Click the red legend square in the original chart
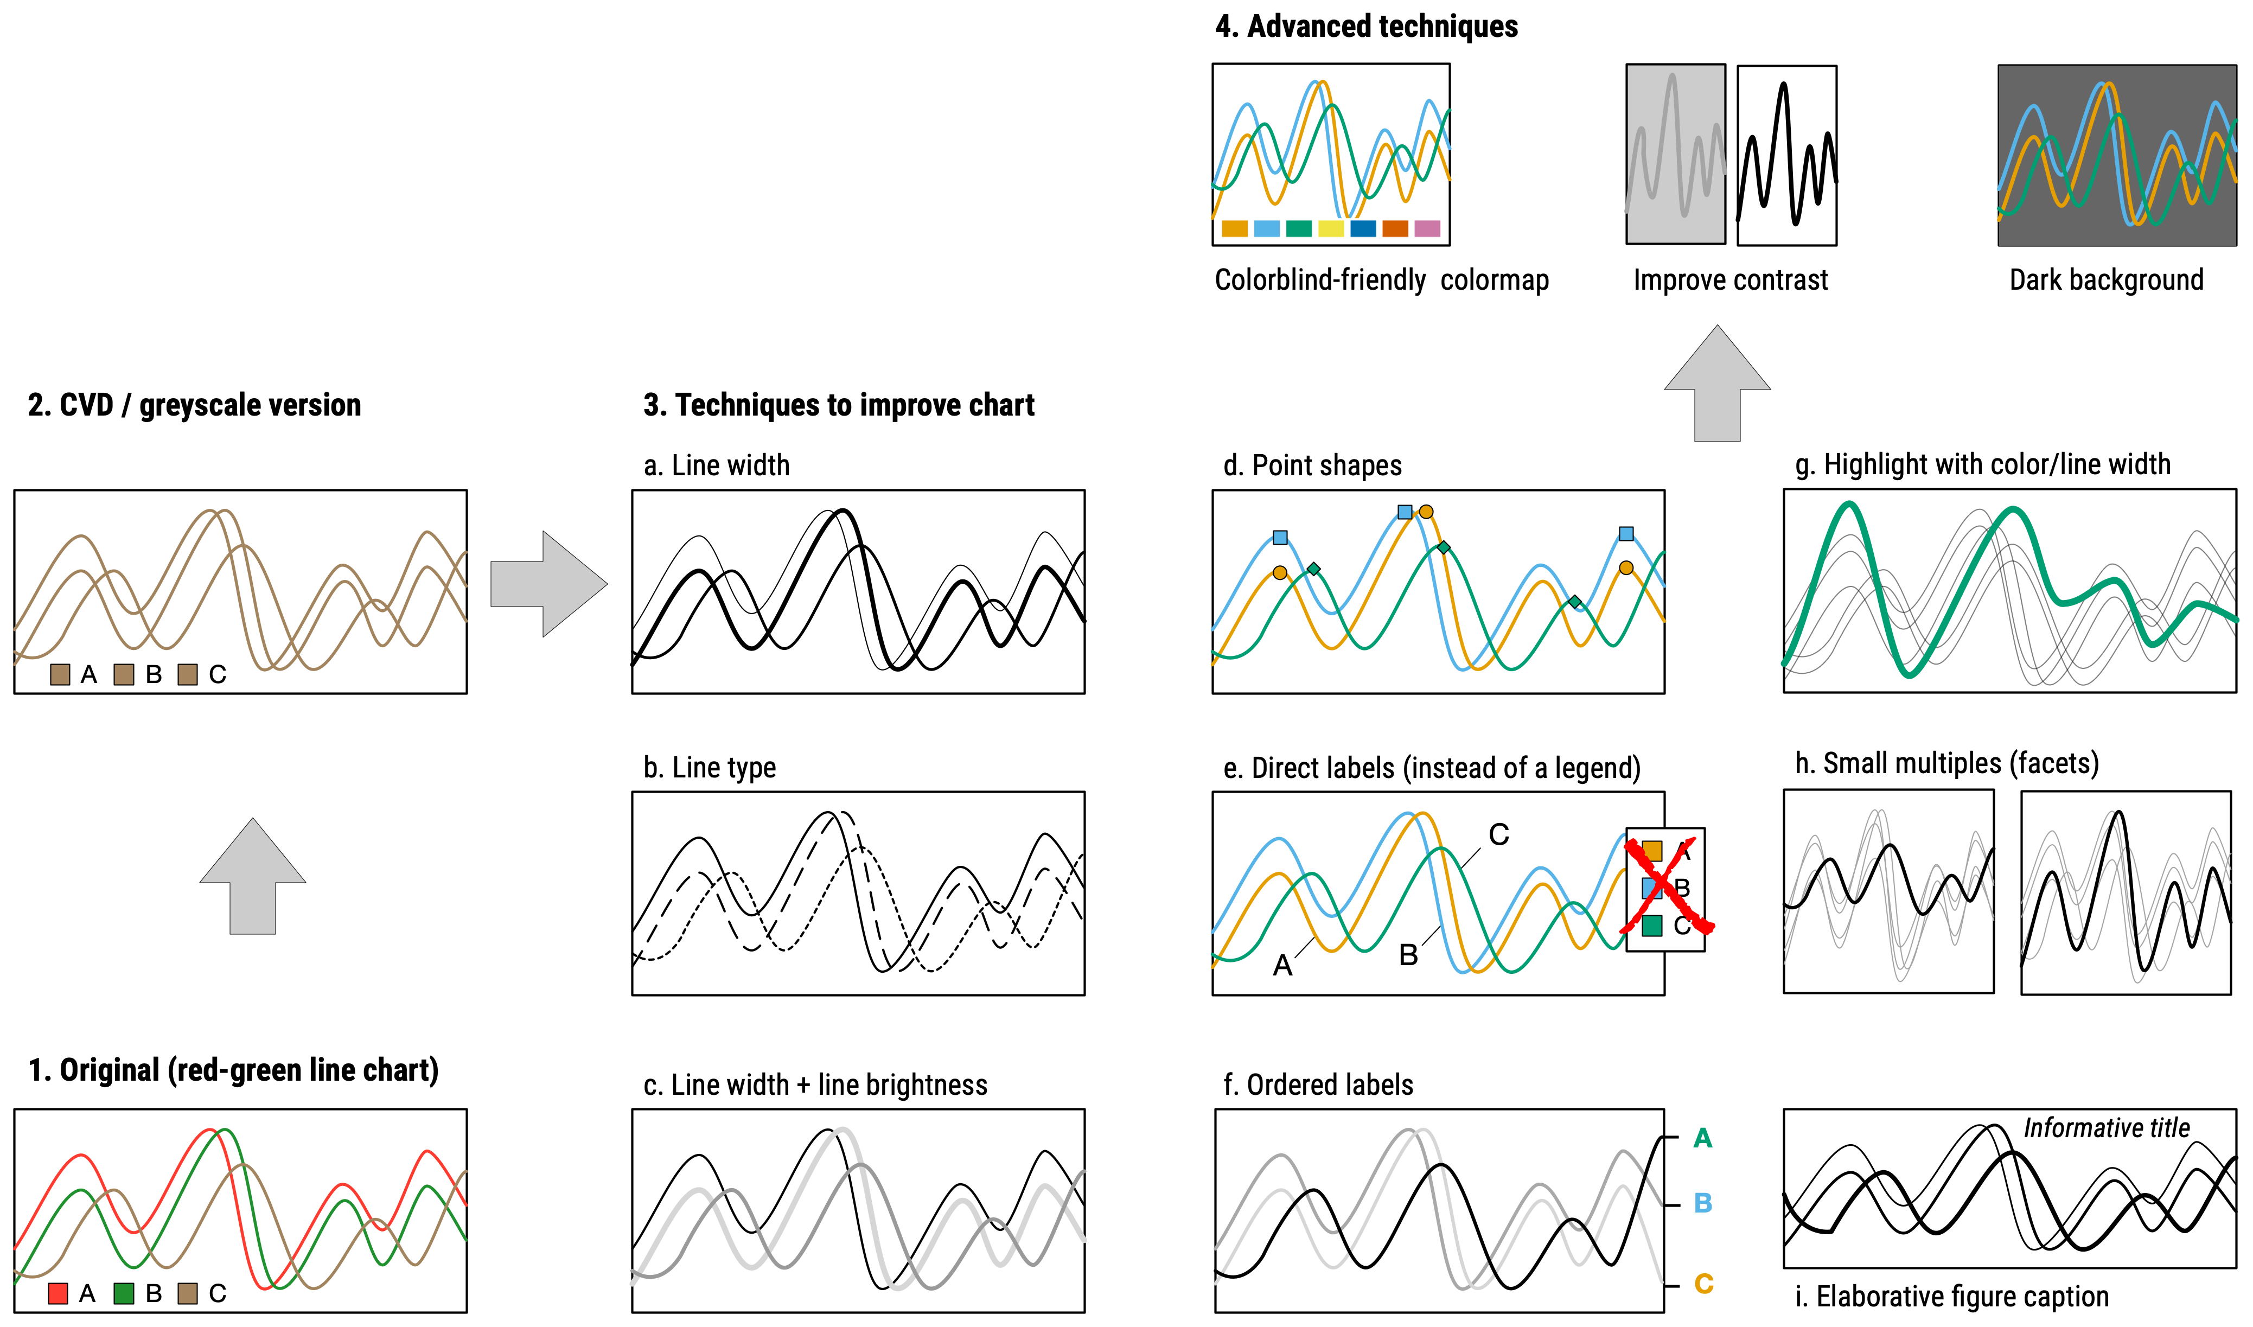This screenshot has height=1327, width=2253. [x=58, y=1293]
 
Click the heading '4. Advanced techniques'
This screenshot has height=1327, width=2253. [x=1366, y=27]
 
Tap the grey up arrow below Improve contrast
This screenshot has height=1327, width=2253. [x=1716, y=385]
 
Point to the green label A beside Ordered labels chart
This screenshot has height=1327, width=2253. [x=1702, y=1138]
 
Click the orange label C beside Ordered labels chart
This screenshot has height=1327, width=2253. [x=1703, y=1284]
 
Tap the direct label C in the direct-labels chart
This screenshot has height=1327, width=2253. [x=1498, y=835]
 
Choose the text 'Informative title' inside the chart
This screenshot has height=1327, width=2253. [x=2107, y=1128]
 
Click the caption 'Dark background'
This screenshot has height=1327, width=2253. [x=2107, y=280]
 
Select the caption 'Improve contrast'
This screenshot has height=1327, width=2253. [x=1730, y=280]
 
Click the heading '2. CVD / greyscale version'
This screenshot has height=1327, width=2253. [x=194, y=405]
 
